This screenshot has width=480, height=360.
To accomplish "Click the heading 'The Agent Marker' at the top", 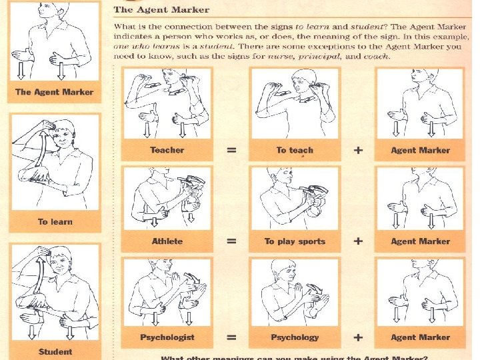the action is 161,10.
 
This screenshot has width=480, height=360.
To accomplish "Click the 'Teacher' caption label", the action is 167,150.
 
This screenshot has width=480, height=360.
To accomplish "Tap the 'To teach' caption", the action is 294,150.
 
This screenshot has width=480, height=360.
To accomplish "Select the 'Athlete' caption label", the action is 167,241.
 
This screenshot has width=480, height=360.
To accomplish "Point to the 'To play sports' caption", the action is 295,241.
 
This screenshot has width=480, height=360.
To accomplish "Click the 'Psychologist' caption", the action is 167,337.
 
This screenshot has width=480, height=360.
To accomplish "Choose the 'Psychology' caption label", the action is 295,337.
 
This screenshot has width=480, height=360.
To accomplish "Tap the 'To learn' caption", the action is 55,222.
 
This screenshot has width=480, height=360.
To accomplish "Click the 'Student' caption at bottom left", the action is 55,351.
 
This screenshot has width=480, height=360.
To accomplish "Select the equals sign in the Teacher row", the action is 231,150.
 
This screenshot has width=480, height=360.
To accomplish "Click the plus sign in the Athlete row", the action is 358,241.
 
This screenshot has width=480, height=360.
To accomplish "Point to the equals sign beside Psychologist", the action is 231,337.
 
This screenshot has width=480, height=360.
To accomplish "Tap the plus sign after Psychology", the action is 358,337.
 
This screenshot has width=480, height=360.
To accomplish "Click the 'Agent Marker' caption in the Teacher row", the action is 420,150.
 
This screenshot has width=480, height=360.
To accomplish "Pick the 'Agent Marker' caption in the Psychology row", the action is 420,337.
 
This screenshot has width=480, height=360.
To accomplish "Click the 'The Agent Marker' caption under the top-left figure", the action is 54,92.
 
